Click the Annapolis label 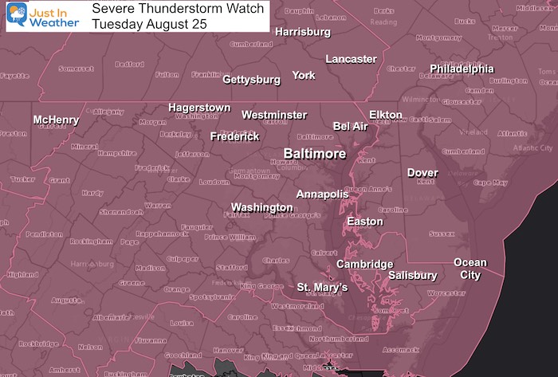322,194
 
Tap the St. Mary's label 322,287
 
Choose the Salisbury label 412,276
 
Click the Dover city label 422,173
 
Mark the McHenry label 56,120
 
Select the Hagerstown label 198,108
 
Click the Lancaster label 351,59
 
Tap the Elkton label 386,115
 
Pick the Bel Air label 352,126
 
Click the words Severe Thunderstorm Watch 160,9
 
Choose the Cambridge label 364,264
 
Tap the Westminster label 274,115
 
